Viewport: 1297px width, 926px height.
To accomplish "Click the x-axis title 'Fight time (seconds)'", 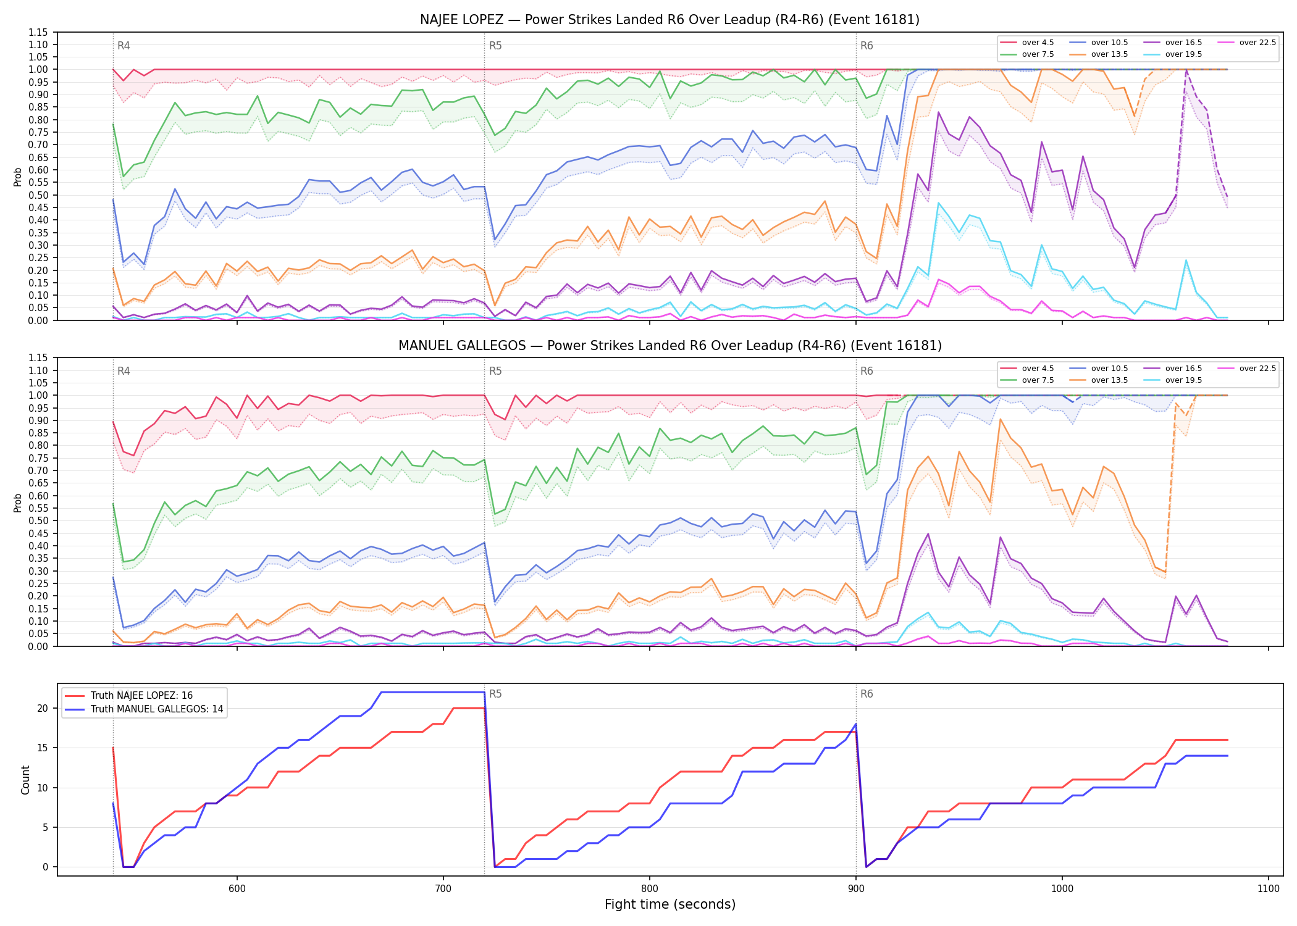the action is point(670,904).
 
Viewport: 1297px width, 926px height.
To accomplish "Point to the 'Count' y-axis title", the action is point(25,780).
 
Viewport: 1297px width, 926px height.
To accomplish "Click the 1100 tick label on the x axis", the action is point(1268,889).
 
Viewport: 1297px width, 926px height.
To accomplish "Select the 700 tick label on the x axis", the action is point(443,889).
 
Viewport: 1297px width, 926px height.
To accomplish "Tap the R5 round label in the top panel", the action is point(495,46).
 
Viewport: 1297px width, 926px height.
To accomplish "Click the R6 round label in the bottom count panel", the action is point(867,694).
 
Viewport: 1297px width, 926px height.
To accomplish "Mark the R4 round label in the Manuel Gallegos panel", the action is point(124,372).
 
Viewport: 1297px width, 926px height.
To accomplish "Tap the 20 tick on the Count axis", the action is point(43,708).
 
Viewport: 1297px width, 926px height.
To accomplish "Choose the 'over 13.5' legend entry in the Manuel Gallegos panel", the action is point(1099,380).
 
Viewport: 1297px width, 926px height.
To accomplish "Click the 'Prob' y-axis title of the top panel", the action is point(18,177).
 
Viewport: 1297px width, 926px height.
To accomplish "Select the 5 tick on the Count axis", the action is point(45,827).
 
